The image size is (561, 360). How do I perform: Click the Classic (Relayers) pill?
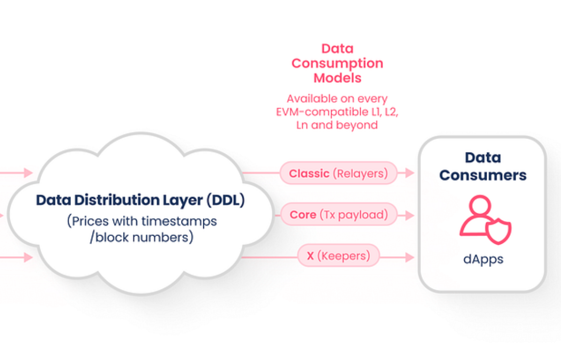coord(338,173)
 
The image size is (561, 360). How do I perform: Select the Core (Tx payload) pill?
coord(339,214)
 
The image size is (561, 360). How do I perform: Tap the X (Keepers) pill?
coord(338,256)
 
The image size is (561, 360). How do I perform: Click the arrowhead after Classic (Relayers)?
coord(410,173)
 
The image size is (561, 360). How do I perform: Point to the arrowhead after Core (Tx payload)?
coord(410,215)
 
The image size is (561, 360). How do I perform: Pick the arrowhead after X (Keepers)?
coord(410,257)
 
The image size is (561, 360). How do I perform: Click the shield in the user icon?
coord(498,231)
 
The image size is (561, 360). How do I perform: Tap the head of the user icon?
coord(480,205)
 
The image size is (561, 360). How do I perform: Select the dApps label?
coord(483,259)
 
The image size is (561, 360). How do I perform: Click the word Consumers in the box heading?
coord(483,175)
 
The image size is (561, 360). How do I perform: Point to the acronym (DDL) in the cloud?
coord(226,200)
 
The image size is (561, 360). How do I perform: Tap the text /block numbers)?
coord(141,237)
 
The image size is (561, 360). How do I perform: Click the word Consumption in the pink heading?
coord(337,64)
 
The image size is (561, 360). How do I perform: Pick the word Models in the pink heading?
coord(337,78)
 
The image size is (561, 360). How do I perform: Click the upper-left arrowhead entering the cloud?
coord(28,173)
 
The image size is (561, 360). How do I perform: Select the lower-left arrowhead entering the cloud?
coord(28,257)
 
